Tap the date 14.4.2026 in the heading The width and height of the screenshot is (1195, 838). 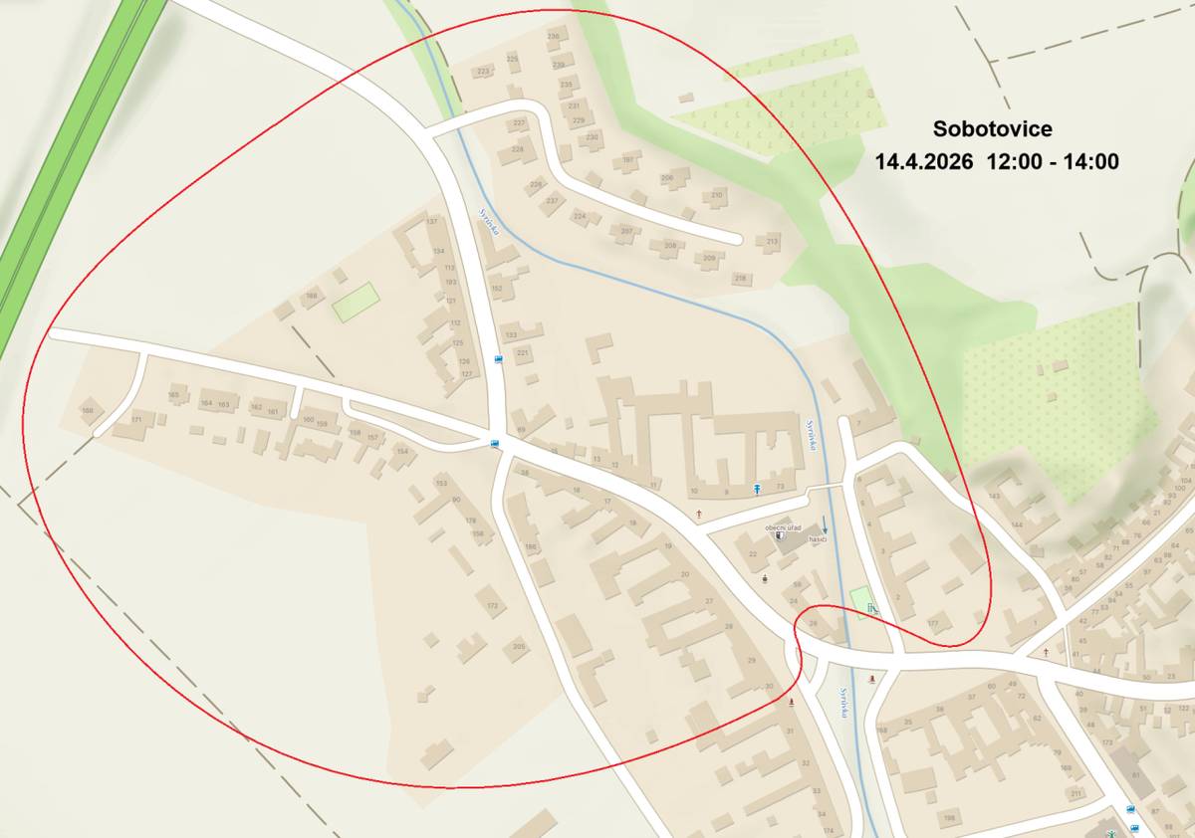click(x=923, y=162)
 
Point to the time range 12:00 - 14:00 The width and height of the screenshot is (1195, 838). click(x=1053, y=162)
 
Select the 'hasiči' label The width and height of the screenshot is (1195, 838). click(x=819, y=539)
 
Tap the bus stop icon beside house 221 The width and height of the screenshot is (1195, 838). click(x=498, y=359)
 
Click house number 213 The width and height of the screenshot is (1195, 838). click(x=771, y=242)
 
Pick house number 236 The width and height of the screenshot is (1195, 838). click(x=555, y=35)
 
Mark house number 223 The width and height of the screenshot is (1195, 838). click(x=484, y=72)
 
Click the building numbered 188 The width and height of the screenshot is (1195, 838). click(x=312, y=296)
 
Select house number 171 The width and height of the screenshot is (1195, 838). click(x=136, y=420)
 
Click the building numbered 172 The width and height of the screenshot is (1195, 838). click(x=491, y=604)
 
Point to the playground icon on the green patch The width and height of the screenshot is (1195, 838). click(x=871, y=607)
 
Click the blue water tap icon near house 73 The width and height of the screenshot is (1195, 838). click(x=758, y=488)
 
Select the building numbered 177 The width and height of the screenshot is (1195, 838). click(x=933, y=623)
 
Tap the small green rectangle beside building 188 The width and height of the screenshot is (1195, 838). click(x=356, y=301)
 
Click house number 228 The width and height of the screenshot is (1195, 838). click(x=518, y=149)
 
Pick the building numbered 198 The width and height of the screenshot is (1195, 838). click(x=949, y=817)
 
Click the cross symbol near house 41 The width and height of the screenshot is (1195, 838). click(x=1046, y=652)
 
